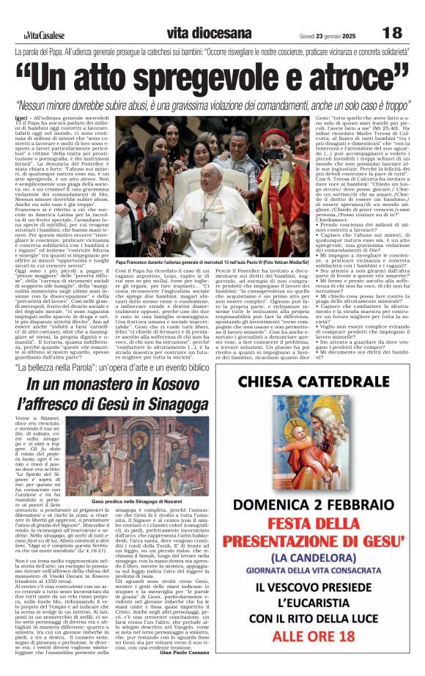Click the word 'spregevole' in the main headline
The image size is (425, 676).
pos(218,76)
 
